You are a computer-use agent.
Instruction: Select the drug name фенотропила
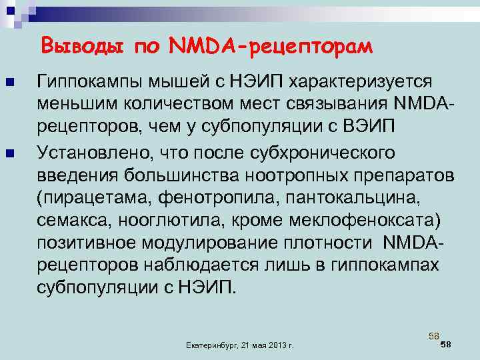(211, 197)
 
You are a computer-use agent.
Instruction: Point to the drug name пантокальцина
(360, 197)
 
